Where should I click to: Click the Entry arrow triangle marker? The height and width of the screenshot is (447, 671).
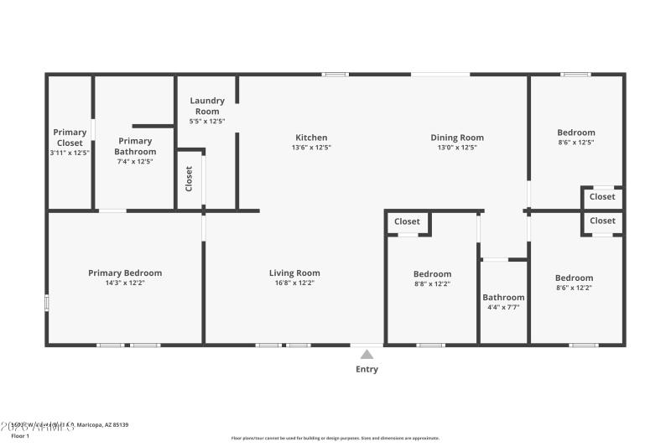367,355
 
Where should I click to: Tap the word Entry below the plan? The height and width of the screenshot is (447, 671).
367,369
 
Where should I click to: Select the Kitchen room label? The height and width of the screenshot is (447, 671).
311,138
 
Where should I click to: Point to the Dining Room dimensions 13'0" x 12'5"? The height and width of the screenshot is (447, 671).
457,148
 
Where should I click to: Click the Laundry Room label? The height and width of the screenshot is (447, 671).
207,106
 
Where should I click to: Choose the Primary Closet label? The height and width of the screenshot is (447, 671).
70,137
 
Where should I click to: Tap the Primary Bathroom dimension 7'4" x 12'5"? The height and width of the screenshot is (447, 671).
135,161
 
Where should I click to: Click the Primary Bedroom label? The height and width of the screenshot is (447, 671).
125,273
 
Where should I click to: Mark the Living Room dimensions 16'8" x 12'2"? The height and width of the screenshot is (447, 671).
294,283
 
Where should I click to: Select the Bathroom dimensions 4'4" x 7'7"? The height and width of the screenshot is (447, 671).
503,307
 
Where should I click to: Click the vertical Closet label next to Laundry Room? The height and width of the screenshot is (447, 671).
189,178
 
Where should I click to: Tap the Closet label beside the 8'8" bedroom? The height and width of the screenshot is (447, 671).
407,221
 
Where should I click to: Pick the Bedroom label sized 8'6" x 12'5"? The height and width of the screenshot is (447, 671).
576,133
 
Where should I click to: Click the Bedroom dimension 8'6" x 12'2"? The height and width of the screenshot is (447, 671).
574,288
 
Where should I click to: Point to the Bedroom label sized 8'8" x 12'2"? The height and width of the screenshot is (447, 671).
432,274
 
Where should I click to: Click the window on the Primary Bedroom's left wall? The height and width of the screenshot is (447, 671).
47,303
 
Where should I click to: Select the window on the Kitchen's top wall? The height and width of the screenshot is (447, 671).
335,75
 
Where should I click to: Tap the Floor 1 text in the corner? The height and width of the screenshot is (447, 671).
19,436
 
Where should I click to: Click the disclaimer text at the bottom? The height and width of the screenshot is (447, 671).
335,438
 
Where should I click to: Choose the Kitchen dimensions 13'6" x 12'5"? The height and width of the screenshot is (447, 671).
311,148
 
